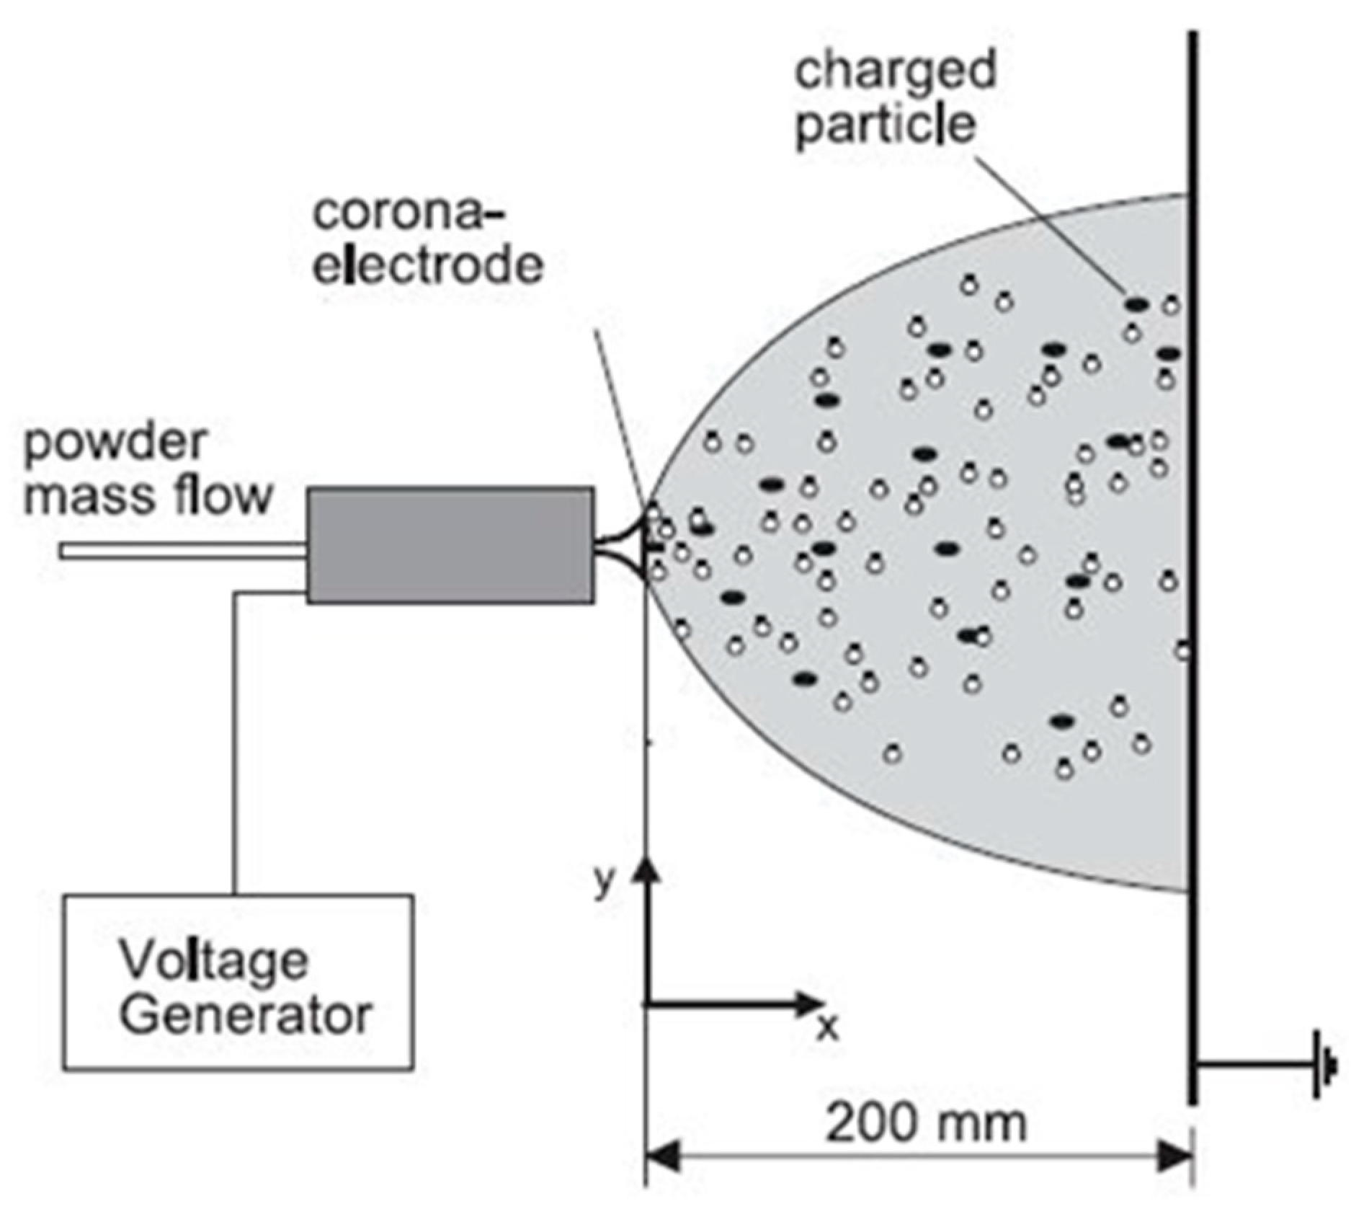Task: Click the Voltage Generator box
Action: pyautogui.click(x=238, y=982)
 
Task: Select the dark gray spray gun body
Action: pyautogui.click(x=450, y=545)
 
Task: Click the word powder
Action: pyautogui.click(x=115, y=444)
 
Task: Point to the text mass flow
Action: pyautogui.click(x=148, y=496)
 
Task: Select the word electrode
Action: pyautogui.click(x=428, y=265)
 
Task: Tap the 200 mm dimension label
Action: pyautogui.click(x=925, y=1122)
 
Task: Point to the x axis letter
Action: pyautogui.click(x=829, y=1027)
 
